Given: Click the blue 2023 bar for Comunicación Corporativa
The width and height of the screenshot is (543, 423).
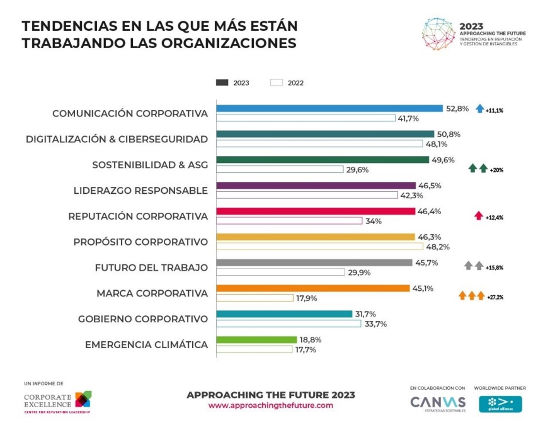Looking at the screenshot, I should [329, 109].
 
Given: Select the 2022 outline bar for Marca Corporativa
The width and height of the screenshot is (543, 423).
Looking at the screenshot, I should [255, 298].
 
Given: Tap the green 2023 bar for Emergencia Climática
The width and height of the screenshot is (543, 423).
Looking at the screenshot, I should [256, 340].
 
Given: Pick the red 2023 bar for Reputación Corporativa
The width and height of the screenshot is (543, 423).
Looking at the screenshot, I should [315, 211].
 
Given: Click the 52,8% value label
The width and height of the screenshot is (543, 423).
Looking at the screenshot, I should [457, 109].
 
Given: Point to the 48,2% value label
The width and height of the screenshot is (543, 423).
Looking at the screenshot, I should [438, 247].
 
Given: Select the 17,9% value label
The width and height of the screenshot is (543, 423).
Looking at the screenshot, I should [306, 298].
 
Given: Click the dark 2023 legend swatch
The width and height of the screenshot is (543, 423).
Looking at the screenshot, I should [222, 82].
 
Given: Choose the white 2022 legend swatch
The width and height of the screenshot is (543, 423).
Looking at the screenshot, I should [276, 82].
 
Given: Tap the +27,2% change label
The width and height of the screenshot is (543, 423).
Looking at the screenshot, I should [495, 297].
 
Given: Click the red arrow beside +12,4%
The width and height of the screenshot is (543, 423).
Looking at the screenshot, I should [478, 216].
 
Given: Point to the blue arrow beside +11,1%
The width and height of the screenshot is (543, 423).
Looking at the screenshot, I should [480, 109].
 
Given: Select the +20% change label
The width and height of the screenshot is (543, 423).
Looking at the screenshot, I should [496, 170].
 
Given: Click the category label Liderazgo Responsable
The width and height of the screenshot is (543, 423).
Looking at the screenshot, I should [140, 191].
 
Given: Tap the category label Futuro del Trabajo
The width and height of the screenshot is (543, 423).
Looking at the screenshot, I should [151, 268].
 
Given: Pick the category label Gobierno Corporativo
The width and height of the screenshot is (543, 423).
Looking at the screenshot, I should [143, 319].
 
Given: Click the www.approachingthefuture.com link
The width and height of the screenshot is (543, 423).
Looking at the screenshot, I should [271, 405].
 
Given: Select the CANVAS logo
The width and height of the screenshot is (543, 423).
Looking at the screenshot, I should [438, 403].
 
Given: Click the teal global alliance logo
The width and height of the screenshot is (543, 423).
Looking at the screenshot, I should [500, 404].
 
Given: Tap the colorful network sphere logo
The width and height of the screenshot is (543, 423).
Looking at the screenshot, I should [438, 34].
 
